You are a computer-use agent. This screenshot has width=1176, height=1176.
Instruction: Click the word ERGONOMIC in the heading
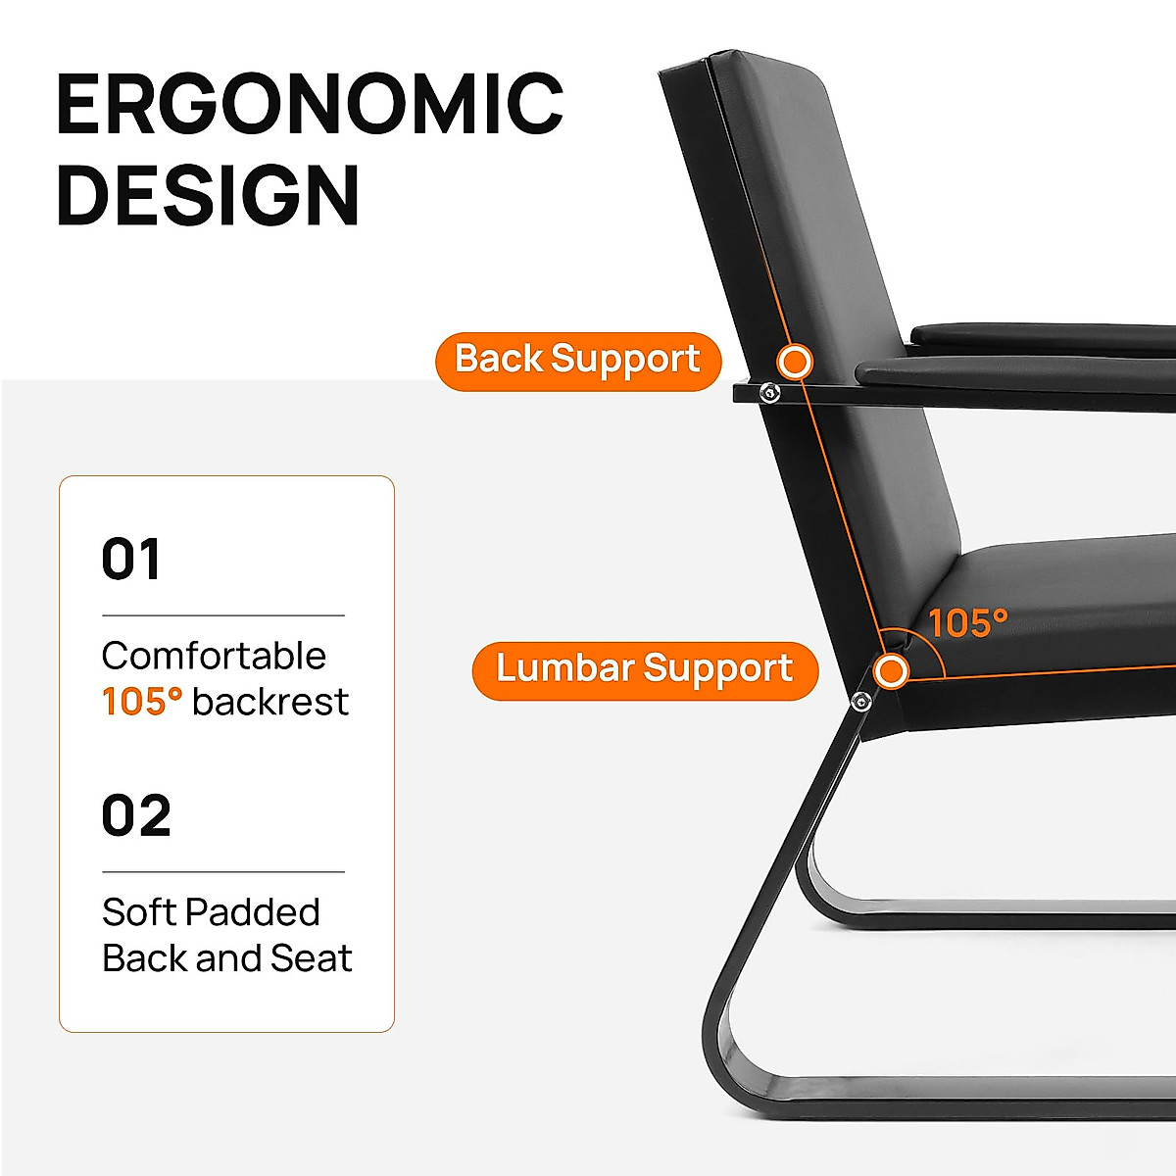[x=310, y=103]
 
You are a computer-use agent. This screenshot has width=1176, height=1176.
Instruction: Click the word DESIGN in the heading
[x=208, y=195]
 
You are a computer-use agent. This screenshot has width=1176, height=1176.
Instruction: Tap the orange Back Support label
[x=577, y=362]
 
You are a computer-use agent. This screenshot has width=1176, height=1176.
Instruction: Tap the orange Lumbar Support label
[x=645, y=670]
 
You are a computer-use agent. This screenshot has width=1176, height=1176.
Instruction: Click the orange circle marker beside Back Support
[x=795, y=362]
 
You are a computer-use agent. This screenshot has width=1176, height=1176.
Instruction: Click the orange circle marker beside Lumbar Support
[x=891, y=671]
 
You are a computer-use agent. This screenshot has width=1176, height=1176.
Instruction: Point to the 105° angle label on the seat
[x=968, y=623]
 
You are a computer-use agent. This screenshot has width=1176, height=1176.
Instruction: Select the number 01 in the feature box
[x=130, y=559]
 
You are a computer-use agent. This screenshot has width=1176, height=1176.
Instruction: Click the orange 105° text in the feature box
[x=141, y=702]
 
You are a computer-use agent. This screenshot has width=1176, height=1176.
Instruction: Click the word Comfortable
[x=214, y=656]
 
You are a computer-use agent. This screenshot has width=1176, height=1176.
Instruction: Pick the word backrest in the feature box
[x=270, y=702]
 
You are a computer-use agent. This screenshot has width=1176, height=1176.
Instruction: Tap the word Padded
[x=253, y=912]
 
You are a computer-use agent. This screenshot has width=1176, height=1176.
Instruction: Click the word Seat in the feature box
[x=312, y=958]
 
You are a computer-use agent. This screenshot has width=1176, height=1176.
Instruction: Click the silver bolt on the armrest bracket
[x=769, y=392]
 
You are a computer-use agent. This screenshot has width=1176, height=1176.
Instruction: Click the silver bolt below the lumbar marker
[x=860, y=702]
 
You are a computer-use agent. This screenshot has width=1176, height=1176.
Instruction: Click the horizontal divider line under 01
[x=223, y=615]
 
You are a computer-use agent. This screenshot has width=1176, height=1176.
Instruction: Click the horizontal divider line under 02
[x=223, y=872]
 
